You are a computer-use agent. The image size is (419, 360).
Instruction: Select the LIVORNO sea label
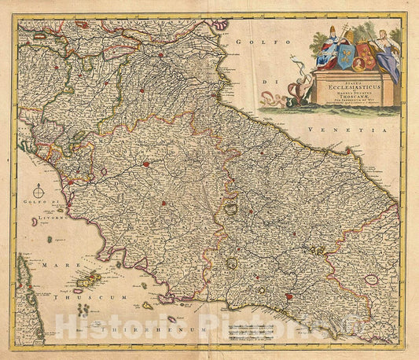(46, 221)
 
